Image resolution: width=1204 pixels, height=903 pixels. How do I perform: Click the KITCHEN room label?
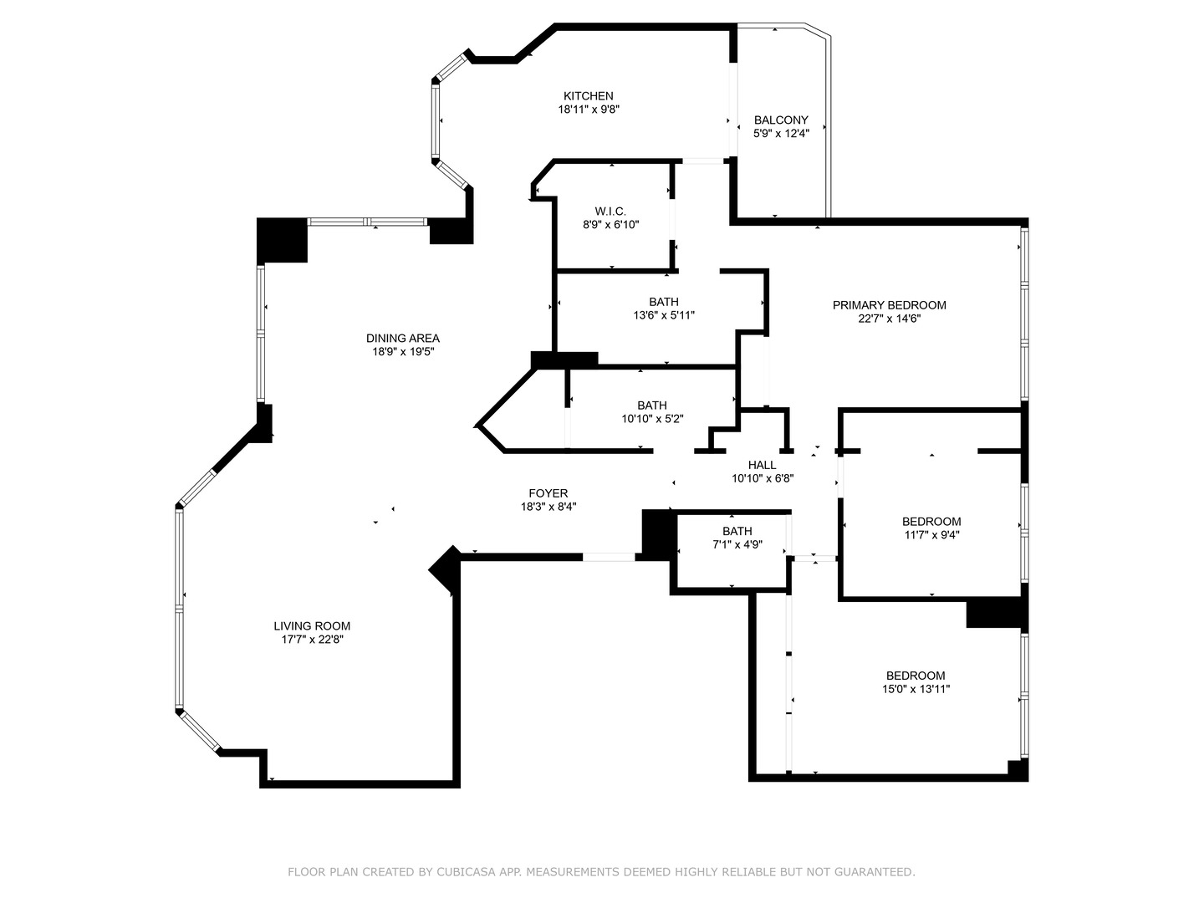(x=588, y=96)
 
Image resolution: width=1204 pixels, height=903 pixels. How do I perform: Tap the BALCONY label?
(x=781, y=120)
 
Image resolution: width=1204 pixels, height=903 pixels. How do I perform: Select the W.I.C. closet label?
(x=610, y=212)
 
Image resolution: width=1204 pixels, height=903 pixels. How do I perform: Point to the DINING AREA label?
(x=403, y=339)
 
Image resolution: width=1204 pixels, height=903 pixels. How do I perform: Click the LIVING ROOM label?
(x=312, y=626)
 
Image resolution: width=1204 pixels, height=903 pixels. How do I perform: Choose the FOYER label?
(x=548, y=493)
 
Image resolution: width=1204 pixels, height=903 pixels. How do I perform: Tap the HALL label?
(x=762, y=465)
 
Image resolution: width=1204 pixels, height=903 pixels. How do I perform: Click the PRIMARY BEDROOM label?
(x=889, y=305)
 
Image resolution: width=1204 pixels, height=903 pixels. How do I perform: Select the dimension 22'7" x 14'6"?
(x=889, y=319)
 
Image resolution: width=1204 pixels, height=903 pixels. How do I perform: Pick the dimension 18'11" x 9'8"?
(x=588, y=110)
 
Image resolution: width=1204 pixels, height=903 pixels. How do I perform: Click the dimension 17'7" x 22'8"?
(x=312, y=640)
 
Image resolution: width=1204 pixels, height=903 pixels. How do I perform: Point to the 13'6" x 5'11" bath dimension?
(x=664, y=315)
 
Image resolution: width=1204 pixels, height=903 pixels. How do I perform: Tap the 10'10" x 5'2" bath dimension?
(x=652, y=419)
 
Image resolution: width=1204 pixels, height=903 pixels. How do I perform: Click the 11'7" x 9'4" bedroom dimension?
(x=931, y=535)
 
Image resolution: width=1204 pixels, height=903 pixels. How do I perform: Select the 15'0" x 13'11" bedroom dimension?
(x=916, y=689)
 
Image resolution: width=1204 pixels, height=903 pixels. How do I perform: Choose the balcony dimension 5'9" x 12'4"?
(x=781, y=133)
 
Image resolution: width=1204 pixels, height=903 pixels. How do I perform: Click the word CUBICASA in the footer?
(x=465, y=872)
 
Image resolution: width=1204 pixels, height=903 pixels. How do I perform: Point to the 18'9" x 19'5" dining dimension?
(x=403, y=352)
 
